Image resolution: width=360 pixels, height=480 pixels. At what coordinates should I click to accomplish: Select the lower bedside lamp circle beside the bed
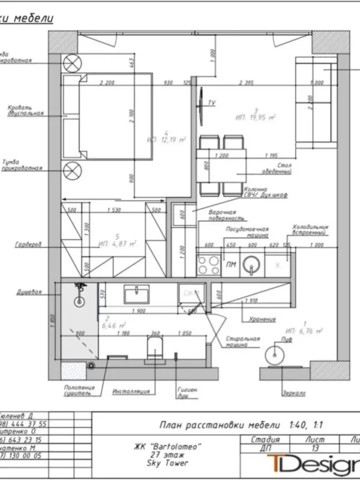72,170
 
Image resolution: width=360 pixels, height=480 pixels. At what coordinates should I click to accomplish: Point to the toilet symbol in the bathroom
155,347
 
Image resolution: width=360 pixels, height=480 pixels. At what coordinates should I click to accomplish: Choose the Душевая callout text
29,293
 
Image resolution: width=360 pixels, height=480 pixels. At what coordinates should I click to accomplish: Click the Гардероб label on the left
28,245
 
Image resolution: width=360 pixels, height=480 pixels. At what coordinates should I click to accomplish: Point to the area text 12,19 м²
166,139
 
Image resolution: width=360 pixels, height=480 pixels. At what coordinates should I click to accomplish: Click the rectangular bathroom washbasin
140,294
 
